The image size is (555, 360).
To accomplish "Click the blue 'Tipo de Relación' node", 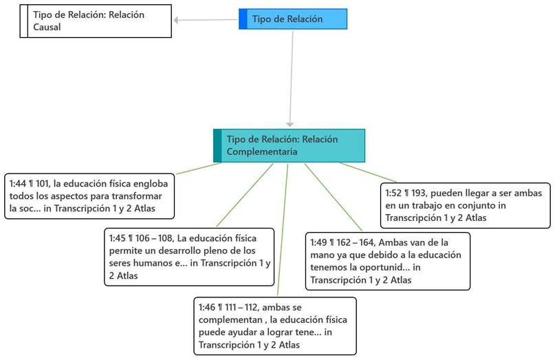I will [293, 19].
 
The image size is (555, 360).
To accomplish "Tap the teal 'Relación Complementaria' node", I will [289, 145].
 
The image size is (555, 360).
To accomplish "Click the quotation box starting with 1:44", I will [89, 196].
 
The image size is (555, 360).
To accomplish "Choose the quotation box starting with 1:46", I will [274, 326].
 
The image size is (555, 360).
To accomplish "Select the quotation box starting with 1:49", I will [387, 261].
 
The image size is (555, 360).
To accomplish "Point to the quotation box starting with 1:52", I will [465, 205].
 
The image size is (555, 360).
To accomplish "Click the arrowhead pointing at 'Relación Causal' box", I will [177, 21].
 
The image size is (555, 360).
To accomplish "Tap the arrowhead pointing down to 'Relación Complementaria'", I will [290, 124].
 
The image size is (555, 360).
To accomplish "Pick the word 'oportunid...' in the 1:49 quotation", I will [383, 268].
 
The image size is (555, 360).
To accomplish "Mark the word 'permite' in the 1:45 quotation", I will [126, 250].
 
